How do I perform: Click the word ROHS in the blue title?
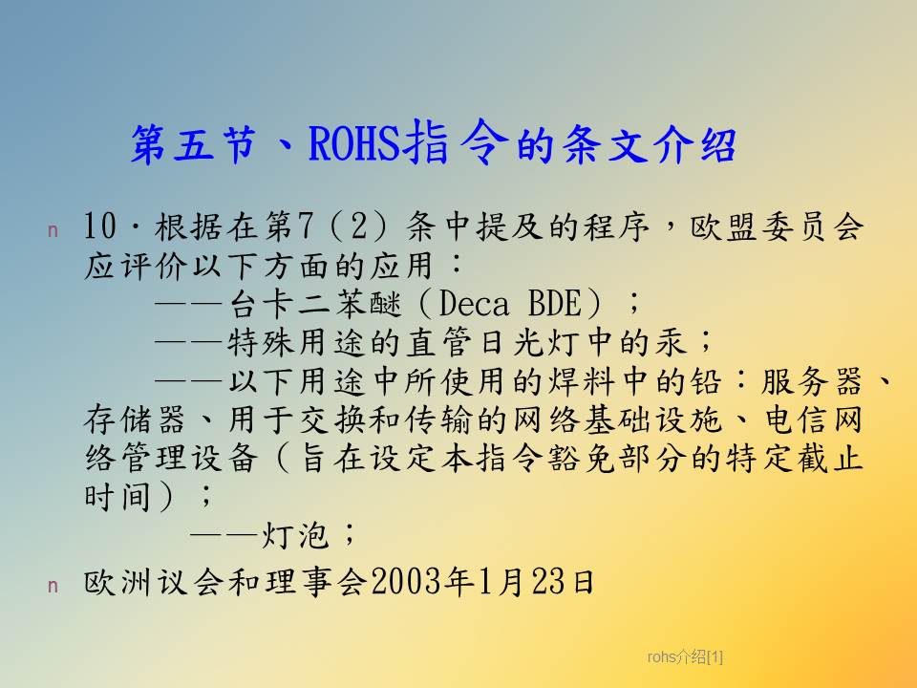pyautogui.click(x=354, y=143)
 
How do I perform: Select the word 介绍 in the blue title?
pyautogui.click(x=694, y=144)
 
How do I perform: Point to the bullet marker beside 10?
pyautogui.click(x=53, y=230)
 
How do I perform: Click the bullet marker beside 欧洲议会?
pyautogui.click(x=53, y=586)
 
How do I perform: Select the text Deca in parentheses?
pyautogui.click(x=474, y=304)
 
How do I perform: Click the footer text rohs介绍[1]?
pyautogui.click(x=685, y=657)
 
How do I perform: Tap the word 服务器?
pyautogui.click(x=812, y=381)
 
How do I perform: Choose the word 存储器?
pyautogui.click(x=135, y=420)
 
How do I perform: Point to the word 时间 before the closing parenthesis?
pyautogui.click(x=117, y=497)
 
